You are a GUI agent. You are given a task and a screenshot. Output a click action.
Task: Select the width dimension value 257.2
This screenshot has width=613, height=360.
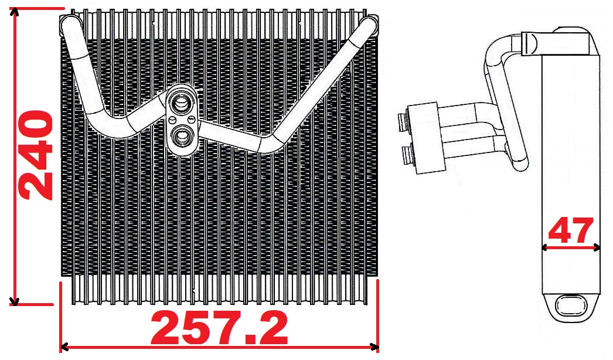(x=220, y=328)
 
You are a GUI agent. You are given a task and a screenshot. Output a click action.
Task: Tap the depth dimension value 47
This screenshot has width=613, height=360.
(x=571, y=230)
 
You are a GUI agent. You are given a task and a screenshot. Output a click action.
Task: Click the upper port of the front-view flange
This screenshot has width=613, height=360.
(x=181, y=104)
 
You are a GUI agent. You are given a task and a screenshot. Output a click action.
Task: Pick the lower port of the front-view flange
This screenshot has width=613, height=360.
(x=182, y=137)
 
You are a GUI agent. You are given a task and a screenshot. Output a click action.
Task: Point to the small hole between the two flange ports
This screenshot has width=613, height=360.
(x=191, y=120)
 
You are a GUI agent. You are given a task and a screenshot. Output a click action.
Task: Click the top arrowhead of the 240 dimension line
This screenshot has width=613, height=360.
(x=15, y=12)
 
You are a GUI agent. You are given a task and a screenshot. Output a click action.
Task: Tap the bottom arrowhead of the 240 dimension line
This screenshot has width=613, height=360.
(x=15, y=301)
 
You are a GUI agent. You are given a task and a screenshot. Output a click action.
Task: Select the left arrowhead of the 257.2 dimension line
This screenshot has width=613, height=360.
(x=65, y=347)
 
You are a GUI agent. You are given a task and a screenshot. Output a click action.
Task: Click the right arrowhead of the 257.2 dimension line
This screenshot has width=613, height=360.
(x=374, y=347)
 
